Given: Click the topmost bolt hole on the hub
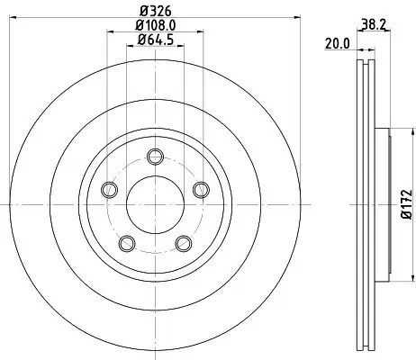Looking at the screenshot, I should pyautogui.click(x=153, y=155).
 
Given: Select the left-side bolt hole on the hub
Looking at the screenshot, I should pyautogui.click(x=110, y=189).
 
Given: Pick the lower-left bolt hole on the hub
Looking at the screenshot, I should pyautogui.click(x=127, y=241).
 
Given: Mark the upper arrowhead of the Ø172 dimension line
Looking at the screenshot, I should pyautogui.click(x=393, y=129).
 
